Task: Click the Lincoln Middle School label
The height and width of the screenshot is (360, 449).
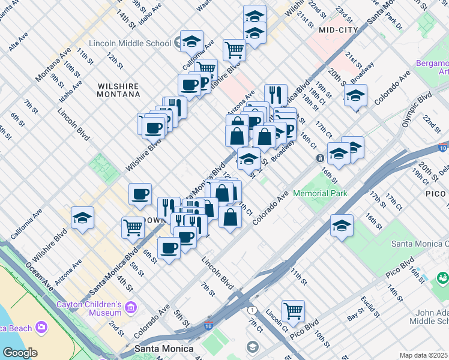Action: pos(130,43)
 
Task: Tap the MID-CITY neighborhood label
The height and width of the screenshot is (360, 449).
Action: pos(339,29)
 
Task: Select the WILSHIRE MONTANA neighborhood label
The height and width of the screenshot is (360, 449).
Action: pos(119,90)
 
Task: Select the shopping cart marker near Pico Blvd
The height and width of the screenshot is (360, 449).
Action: pos(293,311)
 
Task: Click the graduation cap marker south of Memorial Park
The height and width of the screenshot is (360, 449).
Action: pos(342,226)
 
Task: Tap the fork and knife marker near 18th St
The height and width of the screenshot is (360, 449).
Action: pos(276,94)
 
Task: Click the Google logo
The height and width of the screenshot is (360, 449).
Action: pos(19,352)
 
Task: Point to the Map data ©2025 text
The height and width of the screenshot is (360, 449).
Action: pos(423,355)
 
